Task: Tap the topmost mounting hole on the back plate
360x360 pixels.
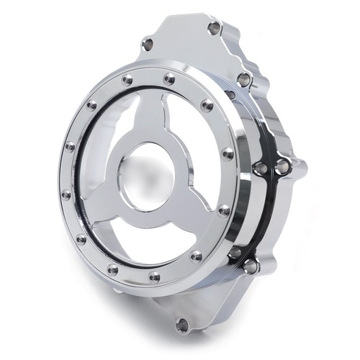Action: [213, 29]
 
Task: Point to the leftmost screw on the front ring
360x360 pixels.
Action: [66, 194]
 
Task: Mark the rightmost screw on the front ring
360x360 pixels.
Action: [228, 153]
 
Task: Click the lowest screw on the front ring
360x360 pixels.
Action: [153, 276]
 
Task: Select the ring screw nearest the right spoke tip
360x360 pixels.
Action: [224, 210]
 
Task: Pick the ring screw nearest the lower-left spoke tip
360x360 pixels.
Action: [81, 238]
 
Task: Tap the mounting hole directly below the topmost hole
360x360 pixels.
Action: [244, 78]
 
